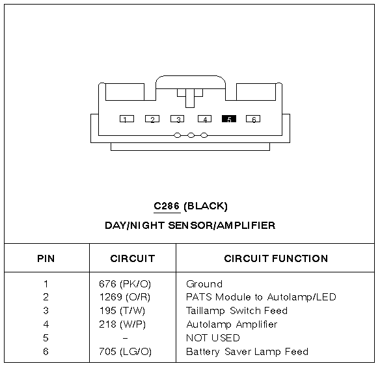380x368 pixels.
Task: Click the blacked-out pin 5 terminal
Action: click(229, 118)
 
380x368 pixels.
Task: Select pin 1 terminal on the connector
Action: click(127, 118)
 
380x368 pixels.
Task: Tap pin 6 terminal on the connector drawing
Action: click(253, 118)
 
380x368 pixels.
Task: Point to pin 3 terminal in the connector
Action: click(178, 118)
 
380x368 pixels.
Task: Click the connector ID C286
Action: click(167, 206)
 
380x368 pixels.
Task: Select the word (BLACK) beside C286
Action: click(206, 206)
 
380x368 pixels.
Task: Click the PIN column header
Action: click(46, 259)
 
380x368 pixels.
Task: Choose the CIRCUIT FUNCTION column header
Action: click(276, 259)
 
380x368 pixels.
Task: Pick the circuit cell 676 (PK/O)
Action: click(125, 284)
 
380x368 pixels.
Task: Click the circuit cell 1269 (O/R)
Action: click(125, 297)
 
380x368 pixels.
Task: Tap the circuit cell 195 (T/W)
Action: click(122, 311)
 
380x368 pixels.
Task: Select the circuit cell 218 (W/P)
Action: click(122, 324)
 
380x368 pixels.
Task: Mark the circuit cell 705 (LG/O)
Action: click(125, 352)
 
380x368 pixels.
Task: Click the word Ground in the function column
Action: click(204, 284)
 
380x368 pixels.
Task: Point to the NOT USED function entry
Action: click(213, 337)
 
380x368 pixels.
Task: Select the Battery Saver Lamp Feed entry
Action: click(247, 352)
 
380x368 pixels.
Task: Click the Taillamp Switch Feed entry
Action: click(237, 311)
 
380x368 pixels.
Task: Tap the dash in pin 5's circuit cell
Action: click(125, 338)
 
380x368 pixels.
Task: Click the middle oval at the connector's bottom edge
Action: click(191, 135)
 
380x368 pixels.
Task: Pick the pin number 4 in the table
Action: click(46, 324)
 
